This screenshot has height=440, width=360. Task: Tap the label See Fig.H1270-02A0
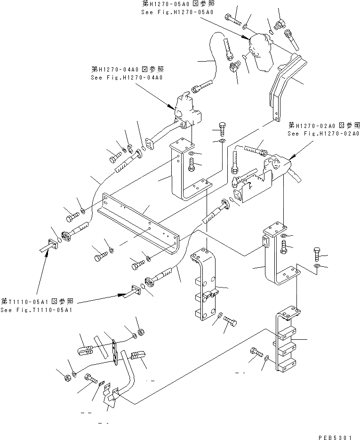[x=324, y=134]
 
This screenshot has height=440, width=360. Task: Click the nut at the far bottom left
[x=67, y=376]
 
